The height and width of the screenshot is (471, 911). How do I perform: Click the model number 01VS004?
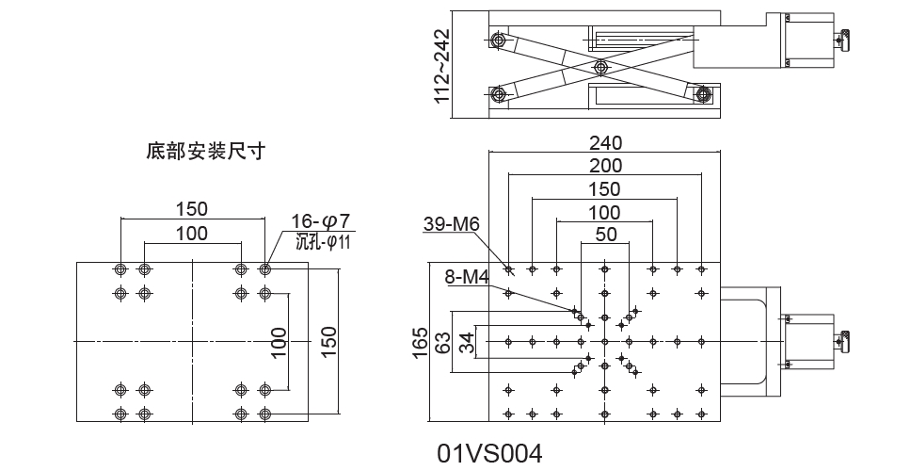489,454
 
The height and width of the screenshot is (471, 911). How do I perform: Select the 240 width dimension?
605,143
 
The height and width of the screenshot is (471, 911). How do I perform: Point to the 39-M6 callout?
452,224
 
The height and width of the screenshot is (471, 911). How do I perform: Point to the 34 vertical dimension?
465,340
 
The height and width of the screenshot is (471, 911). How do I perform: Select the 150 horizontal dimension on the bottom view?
192,208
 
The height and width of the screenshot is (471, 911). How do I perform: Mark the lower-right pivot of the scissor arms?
702,92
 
